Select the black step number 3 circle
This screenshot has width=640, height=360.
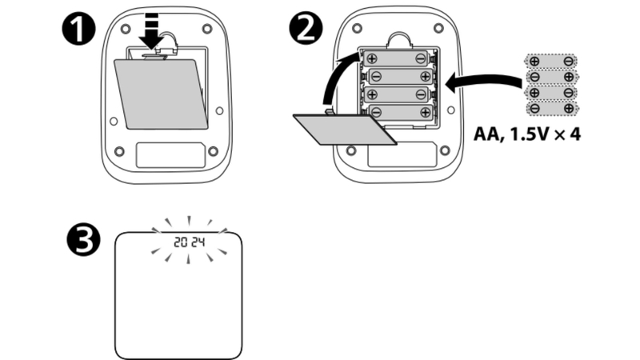[x=83, y=241]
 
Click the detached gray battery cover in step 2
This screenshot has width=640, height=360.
[x=344, y=128]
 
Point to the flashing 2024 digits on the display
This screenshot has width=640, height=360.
[x=189, y=241]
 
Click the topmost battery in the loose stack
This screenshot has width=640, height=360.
[x=551, y=61]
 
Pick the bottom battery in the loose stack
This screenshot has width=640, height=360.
[x=551, y=107]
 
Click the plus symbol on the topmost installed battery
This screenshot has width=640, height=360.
[x=372, y=58]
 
